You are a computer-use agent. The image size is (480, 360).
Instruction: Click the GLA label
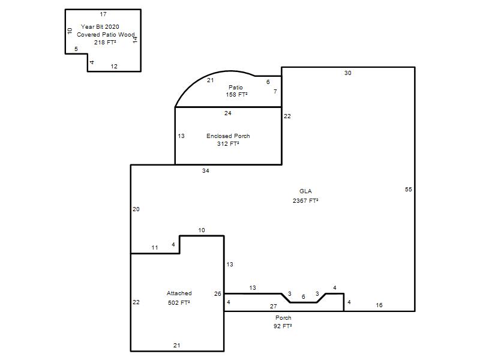pyautogui.click(x=305, y=191)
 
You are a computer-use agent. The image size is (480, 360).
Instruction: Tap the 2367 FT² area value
pyautogui.click(x=305, y=200)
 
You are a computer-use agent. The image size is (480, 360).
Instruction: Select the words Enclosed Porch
pyautogui.click(x=228, y=136)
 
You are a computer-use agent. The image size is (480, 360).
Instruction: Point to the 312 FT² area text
pyautogui.click(x=228, y=143)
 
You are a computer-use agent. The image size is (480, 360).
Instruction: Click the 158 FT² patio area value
pyautogui.click(x=236, y=95)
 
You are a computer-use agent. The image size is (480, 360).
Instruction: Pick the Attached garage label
pyautogui.click(x=179, y=293)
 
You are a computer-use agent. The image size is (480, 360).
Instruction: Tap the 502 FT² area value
pyautogui.click(x=179, y=302)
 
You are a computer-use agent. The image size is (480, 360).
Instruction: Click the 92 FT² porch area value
pyautogui.click(x=283, y=326)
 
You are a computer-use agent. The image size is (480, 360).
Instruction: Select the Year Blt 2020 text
pyautogui.click(x=100, y=26)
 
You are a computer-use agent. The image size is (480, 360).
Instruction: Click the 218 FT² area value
pyautogui.click(x=105, y=42)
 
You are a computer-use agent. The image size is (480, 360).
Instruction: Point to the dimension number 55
pyautogui.click(x=409, y=190)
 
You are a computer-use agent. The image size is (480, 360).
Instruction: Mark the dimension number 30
pyautogui.click(x=348, y=73)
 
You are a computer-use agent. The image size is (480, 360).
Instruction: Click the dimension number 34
pyautogui.click(x=205, y=171)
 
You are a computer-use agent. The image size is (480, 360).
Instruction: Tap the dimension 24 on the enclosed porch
pyautogui.click(x=227, y=113)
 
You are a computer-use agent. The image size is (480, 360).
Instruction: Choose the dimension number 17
pyautogui.click(x=103, y=14)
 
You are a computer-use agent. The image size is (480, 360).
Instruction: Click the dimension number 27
pyautogui.click(x=274, y=306)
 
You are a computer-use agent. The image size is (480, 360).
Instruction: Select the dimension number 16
pyautogui.click(x=379, y=305)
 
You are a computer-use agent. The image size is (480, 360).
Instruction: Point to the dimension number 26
pyautogui.click(x=217, y=294)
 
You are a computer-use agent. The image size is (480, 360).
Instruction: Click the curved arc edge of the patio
pyautogui.click(x=210, y=74)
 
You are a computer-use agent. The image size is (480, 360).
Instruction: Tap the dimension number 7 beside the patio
pyautogui.click(x=275, y=91)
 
